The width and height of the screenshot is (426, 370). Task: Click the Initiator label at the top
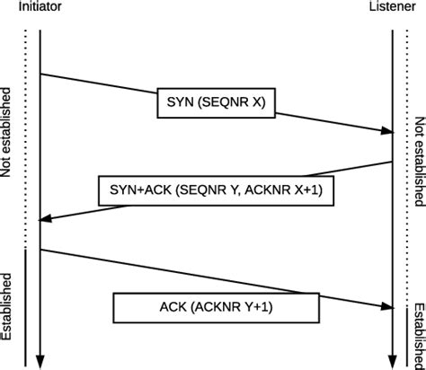click(x=40, y=7)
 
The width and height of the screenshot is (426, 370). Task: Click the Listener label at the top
click(x=393, y=7)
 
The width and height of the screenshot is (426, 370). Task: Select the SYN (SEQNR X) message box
click(x=215, y=101)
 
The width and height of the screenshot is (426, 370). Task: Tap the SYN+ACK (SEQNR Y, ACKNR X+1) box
click(x=215, y=189)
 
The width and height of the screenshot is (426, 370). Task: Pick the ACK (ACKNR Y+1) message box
click(x=215, y=307)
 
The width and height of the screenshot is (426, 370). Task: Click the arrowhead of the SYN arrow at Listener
click(x=387, y=131)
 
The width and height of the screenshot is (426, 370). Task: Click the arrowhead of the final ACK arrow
click(x=387, y=306)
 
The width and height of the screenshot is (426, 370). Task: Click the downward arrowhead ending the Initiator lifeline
click(x=41, y=360)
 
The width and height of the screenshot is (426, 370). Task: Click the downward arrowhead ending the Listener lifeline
click(x=393, y=360)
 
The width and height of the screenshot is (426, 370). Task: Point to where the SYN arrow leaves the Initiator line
click(x=42, y=74)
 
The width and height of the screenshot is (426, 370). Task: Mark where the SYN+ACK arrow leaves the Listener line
click(x=392, y=162)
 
